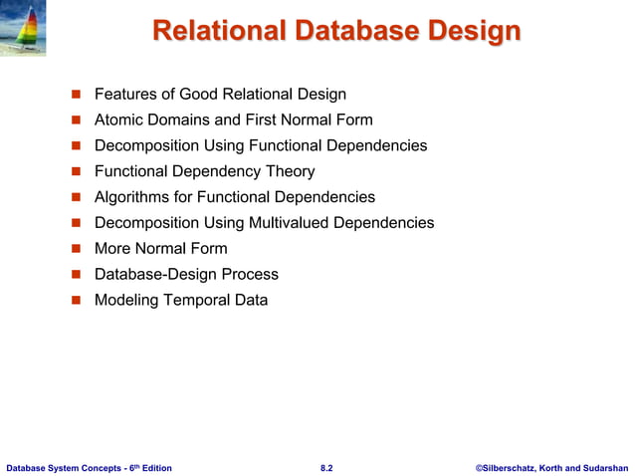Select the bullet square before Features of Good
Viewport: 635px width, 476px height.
75,95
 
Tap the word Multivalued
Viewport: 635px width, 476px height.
284,223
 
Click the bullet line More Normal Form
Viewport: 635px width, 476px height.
160,249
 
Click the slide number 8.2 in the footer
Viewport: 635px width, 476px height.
326,467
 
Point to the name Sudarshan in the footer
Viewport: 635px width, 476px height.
602,467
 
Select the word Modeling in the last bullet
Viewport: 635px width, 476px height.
126,300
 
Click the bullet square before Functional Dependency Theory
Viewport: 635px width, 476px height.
75,172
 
